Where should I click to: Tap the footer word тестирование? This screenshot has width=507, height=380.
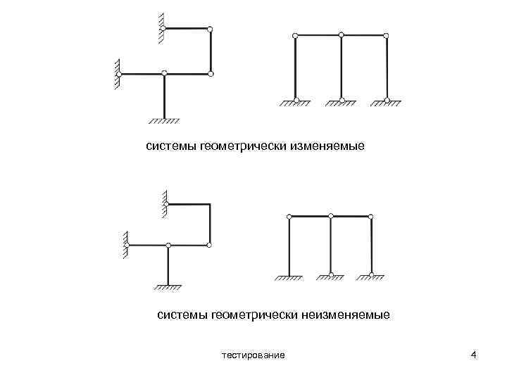253,355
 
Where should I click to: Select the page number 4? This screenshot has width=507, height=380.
474,354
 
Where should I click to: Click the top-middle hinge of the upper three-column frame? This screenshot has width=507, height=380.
341,34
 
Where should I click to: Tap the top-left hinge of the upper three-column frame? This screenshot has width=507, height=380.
295,34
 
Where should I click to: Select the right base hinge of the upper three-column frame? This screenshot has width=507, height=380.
387,99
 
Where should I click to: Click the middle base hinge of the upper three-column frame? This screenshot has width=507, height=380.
341,99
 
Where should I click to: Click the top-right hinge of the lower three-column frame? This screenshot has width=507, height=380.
372,217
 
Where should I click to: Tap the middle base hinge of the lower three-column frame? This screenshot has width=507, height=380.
331,274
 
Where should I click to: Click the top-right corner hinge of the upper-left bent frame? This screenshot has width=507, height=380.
210,28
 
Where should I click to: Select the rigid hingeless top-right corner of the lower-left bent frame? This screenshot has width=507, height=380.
210,205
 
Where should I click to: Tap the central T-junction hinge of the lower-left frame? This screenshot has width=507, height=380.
168,245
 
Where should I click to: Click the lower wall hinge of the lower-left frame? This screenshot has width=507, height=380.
129,245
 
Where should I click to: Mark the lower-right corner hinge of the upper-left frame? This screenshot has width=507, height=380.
210,73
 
